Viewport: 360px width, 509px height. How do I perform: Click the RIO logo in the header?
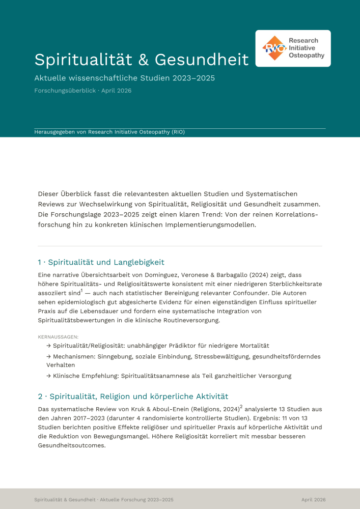[293, 48]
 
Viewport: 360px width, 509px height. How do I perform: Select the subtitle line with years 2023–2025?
[124, 78]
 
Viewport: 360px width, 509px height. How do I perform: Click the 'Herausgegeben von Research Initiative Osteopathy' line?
[109, 132]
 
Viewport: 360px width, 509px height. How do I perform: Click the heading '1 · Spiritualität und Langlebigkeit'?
[101, 262]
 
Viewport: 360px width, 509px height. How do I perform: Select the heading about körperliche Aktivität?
[133, 396]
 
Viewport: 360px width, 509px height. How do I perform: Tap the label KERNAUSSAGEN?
[58, 337]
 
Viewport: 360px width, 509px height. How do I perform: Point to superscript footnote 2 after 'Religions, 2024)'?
[241, 407]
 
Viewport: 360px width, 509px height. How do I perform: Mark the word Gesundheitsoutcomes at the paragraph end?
[71, 445]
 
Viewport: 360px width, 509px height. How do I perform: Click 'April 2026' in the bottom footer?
[313, 500]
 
